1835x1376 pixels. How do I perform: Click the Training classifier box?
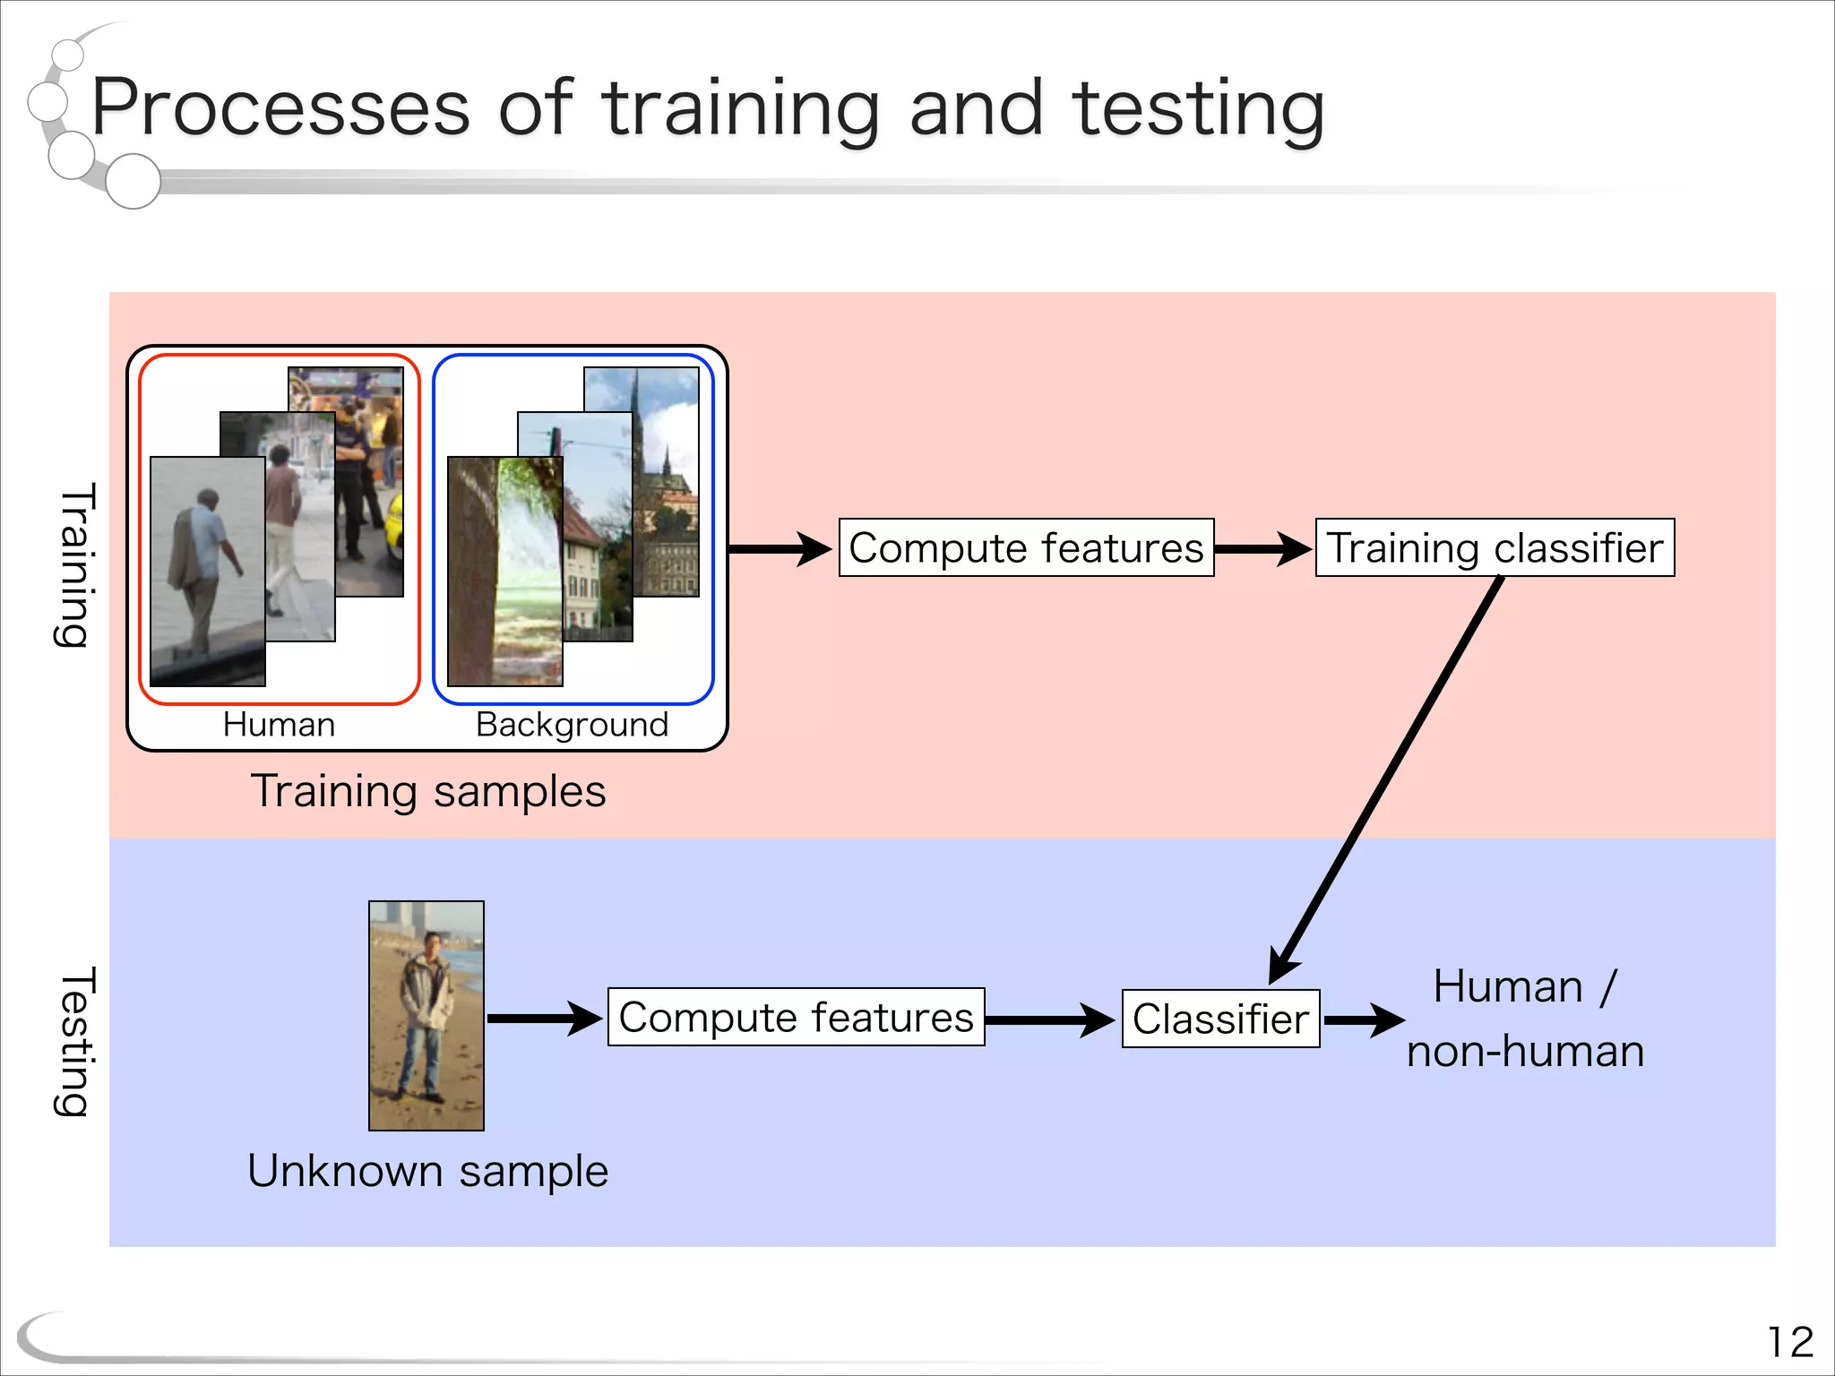point(1494,547)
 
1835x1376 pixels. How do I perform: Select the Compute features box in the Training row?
point(1026,547)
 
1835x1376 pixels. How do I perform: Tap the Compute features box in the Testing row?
point(796,1017)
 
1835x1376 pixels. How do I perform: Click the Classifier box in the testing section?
point(1220,1019)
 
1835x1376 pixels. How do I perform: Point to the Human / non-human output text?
point(1525,1019)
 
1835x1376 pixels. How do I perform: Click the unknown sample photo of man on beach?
point(426,1015)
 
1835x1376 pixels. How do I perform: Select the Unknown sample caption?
point(427,1171)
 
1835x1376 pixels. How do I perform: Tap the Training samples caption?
point(427,791)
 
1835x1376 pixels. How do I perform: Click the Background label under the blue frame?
point(572,724)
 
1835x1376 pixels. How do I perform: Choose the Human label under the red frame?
point(279,724)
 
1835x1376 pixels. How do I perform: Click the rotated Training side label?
point(74,564)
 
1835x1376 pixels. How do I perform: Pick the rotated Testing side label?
point(74,1041)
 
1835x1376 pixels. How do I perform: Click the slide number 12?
point(1789,1342)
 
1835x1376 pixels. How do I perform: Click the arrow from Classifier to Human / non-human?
point(1364,1019)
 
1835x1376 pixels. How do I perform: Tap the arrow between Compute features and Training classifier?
point(1263,548)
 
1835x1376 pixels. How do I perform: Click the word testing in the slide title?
point(1198,109)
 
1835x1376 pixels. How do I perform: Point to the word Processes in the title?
point(280,109)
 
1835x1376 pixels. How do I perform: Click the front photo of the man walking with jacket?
point(208,572)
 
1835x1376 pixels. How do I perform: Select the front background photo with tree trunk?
point(504,572)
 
